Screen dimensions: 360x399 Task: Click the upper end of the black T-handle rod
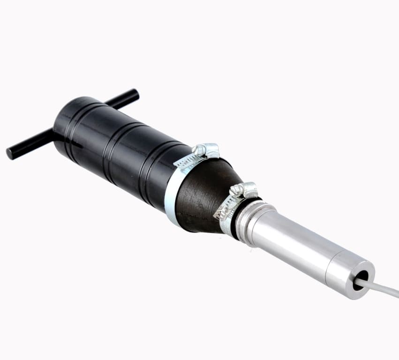pyautogui.click(x=133, y=94)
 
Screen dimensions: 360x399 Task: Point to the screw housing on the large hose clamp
pyautogui.click(x=206, y=150)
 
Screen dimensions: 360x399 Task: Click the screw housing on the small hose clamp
pyautogui.click(x=244, y=189)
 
